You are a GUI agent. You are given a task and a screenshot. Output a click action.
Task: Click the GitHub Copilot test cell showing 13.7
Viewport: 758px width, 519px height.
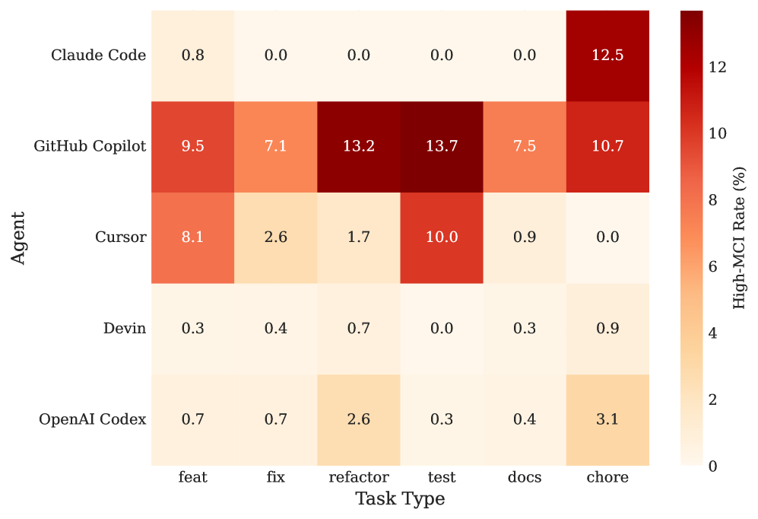(442, 146)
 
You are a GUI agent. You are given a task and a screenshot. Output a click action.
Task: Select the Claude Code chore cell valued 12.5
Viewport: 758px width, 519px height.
(607, 56)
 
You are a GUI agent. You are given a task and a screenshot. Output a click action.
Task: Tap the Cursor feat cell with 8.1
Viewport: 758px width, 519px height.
(192, 237)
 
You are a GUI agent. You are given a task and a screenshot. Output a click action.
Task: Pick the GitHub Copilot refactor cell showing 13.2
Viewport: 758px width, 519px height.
(359, 146)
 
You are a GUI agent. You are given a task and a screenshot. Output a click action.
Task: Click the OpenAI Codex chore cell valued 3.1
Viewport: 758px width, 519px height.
(607, 419)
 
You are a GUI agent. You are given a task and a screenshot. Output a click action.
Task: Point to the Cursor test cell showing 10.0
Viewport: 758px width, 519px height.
(442, 237)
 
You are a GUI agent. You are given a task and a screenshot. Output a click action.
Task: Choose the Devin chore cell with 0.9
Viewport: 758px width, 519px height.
(607, 329)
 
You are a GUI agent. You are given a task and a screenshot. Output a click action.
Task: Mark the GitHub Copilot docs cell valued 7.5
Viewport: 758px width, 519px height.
(525, 146)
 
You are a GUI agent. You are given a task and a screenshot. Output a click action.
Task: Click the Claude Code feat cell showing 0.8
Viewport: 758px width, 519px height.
(192, 56)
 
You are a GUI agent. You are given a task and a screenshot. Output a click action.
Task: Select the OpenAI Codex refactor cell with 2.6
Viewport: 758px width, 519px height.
(359, 419)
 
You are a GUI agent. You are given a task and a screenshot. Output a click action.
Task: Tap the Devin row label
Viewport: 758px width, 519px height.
(125, 329)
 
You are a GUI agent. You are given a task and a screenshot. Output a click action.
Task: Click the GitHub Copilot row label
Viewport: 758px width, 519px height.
(90, 146)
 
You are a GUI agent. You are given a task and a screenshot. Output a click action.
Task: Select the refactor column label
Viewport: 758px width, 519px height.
(359, 478)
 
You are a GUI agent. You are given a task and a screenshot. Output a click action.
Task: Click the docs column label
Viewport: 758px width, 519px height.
(525, 478)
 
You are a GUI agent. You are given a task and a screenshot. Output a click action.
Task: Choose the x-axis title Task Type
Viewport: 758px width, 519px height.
(400, 500)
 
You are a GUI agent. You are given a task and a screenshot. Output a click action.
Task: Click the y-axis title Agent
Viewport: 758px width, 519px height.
(18, 237)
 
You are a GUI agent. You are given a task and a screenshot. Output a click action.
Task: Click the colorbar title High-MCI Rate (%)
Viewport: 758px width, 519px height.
(739, 237)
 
